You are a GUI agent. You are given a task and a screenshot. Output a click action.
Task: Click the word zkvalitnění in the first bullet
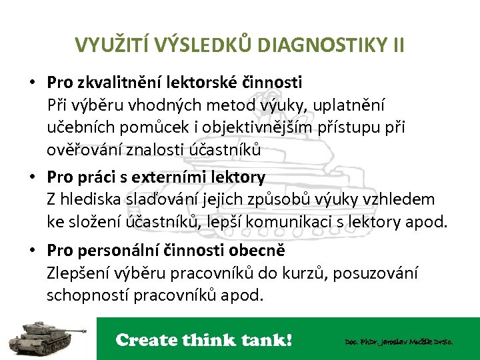pyautogui.click(x=111, y=82)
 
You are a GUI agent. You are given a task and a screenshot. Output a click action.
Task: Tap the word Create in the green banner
pyautogui.click(x=146, y=340)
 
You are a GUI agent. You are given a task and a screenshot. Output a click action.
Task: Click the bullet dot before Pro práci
pyautogui.click(x=32, y=177)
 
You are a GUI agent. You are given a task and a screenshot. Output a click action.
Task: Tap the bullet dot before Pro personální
pyautogui.click(x=32, y=251)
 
